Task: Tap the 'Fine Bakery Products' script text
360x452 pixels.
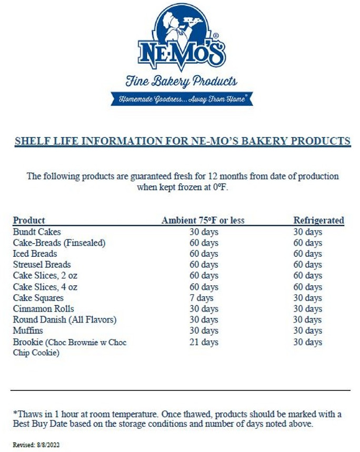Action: (x=181, y=81)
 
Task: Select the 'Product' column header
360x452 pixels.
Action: (x=29, y=220)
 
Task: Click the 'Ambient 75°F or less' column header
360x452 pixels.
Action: (x=203, y=220)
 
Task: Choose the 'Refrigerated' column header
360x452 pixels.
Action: (x=318, y=220)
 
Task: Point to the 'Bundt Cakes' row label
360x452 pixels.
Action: (x=37, y=232)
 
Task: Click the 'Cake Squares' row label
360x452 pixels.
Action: (x=38, y=298)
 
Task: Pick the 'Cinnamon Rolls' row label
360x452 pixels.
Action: (x=43, y=309)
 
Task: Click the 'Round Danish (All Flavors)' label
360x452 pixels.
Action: (x=64, y=320)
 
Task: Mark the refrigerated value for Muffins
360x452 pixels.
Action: (x=307, y=331)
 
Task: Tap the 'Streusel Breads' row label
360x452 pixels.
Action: (x=42, y=265)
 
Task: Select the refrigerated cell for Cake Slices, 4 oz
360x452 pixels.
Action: (x=307, y=287)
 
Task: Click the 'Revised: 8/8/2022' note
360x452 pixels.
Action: (x=36, y=445)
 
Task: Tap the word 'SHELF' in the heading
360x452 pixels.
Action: (x=31, y=141)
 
